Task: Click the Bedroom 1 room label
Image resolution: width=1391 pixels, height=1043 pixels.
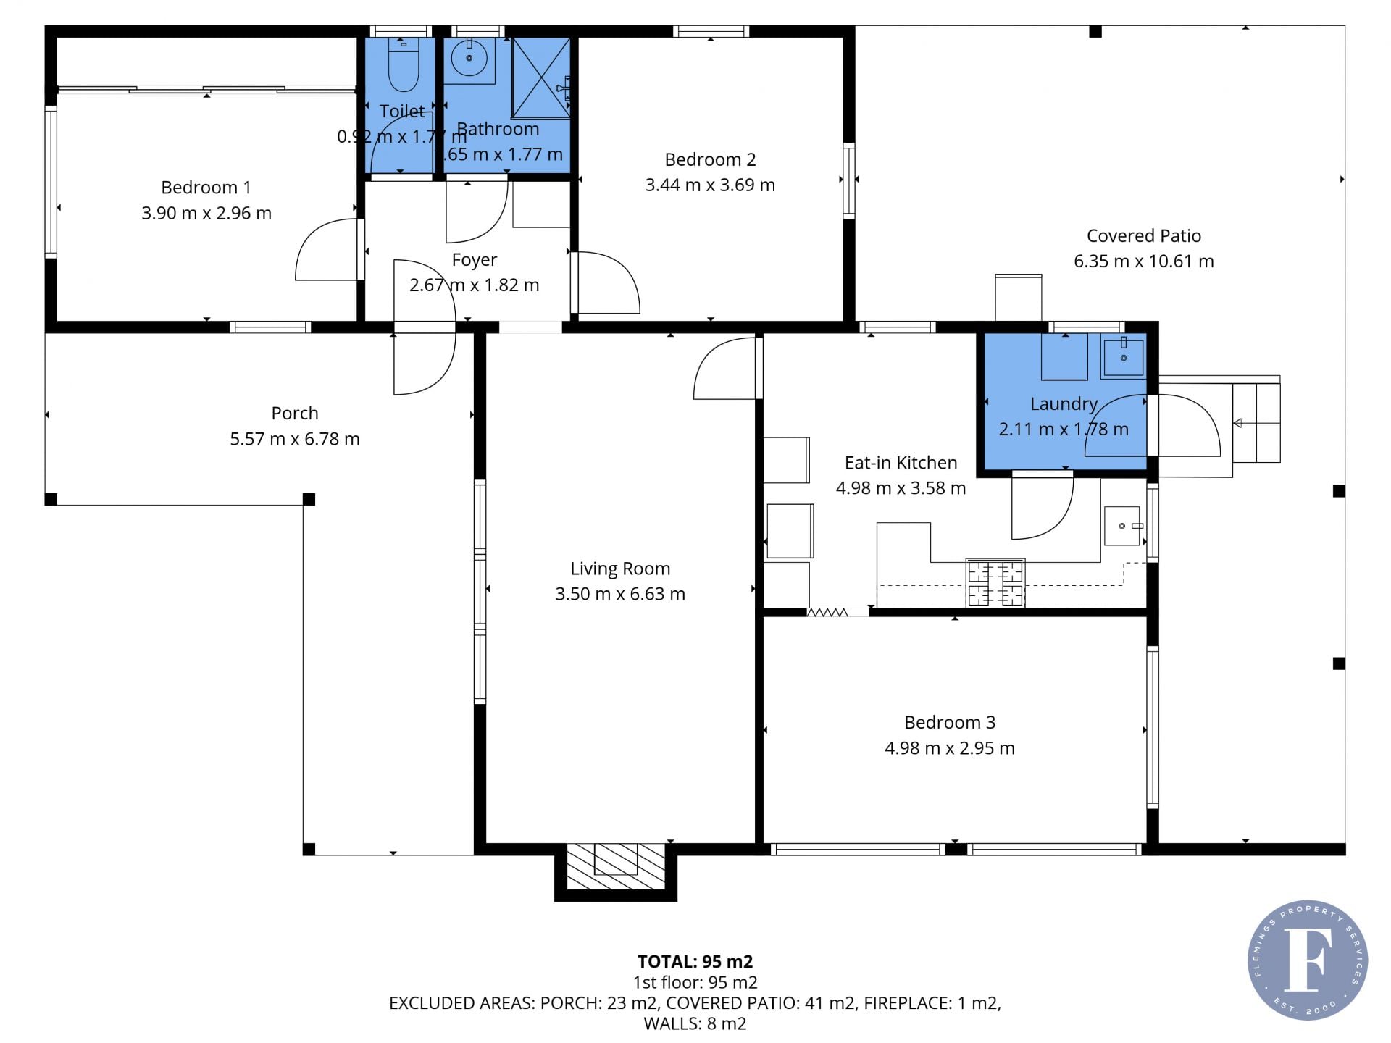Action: click(x=206, y=188)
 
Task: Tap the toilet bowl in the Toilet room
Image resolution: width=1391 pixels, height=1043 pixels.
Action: click(x=404, y=65)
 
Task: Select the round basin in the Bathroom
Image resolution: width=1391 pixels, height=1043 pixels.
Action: click(x=469, y=58)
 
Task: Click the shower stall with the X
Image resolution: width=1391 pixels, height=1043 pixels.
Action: click(x=541, y=78)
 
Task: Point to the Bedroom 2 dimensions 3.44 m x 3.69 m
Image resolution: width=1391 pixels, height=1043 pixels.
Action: click(x=710, y=185)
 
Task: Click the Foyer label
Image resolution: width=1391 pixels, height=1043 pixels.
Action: click(x=475, y=260)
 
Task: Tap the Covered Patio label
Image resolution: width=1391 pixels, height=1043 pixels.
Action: click(x=1144, y=235)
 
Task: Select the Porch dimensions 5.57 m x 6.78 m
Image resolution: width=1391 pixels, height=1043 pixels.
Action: click(x=295, y=439)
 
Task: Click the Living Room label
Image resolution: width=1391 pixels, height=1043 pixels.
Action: click(x=620, y=569)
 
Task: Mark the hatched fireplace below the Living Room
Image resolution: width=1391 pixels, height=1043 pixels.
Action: click(x=616, y=866)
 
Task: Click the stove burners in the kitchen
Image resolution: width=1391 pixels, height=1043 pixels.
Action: click(x=995, y=583)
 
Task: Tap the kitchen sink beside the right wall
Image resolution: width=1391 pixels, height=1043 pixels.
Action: click(x=1122, y=526)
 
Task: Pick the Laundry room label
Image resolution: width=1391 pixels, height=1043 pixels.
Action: click(x=1064, y=404)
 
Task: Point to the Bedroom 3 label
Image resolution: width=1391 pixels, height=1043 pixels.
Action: click(x=950, y=722)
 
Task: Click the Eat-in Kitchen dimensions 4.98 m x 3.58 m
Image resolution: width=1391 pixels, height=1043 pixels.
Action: click(x=901, y=488)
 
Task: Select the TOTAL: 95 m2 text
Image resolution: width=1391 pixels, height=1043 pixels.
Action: click(x=695, y=962)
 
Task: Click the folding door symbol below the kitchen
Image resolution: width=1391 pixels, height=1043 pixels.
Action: click(x=827, y=613)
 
